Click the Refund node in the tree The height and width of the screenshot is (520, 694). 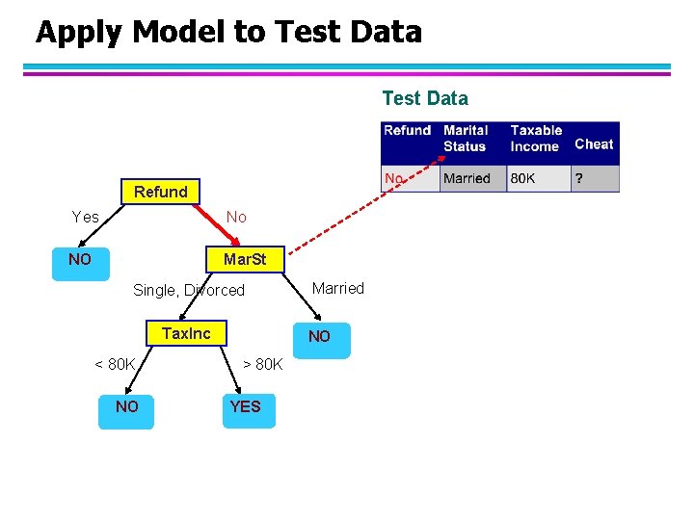(x=161, y=192)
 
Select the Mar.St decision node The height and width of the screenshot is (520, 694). (x=244, y=260)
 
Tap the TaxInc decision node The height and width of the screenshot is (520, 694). (x=186, y=333)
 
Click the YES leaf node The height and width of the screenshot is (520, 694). (x=245, y=406)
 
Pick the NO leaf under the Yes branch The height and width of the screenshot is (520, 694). (x=80, y=260)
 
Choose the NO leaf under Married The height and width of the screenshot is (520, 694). (x=319, y=336)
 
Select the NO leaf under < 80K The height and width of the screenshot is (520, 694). (x=126, y=406)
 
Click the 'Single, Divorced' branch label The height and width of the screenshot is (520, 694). (x=189, y=290)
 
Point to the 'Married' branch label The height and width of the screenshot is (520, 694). (x=338, y=288)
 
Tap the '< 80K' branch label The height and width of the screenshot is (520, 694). (x=115, y=364)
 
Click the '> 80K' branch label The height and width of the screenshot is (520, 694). (x=262, y=364)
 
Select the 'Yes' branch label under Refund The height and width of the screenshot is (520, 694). (x=86, y=218)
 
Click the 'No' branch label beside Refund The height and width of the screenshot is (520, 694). (x=236, y=218)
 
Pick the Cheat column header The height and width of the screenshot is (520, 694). (x=594, y=143)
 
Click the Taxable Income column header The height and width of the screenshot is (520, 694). (x=536, y=138)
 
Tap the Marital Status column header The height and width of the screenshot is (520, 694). (x=467, y=138)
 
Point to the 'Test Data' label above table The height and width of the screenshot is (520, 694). (x=425, y=98)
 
